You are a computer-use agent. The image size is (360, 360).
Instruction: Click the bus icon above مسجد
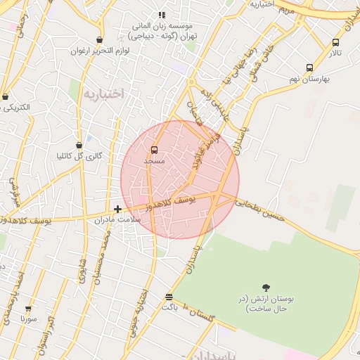[x=154, y=150]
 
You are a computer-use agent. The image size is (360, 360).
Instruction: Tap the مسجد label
[x=154, y=161]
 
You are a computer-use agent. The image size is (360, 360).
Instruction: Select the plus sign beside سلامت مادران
[x=117, y=209]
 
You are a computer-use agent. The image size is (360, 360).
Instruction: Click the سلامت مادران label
[x=119, y=219]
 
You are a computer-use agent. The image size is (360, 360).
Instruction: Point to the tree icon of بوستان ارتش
[x=266, y=287]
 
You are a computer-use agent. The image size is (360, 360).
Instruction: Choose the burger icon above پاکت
[x=169, y=297]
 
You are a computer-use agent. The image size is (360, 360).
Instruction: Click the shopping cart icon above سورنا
[x=28, y=308]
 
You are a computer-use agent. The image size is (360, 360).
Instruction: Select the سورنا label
[x=28, y=319]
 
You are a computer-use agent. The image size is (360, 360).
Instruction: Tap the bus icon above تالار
[x=335, y=42]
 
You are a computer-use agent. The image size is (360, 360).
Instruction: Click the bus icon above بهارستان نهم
[x=309, y=68]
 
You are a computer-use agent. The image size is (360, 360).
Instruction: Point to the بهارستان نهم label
[x=309, y=79]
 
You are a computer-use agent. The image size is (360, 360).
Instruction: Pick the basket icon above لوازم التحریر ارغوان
[x=99, y=40]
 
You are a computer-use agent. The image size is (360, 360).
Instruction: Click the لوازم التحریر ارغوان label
[x=98, y=51]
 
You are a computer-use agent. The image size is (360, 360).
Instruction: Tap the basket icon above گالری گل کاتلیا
[x=89, y=146]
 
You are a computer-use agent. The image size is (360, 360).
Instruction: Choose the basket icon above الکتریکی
[x=5, y=96]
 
